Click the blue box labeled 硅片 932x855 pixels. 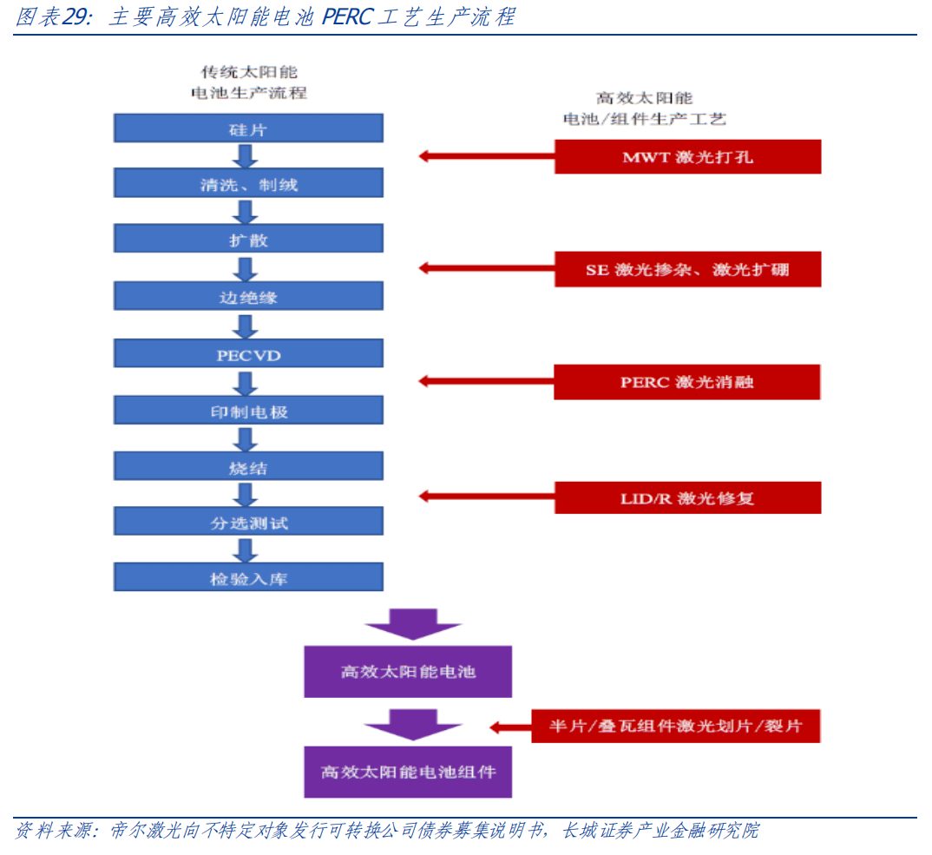pyautogui.click(x=248, y=129)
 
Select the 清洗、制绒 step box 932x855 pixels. pyautogui.click(x=248, y=184)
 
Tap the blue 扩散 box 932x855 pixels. pyautogui.click(x=248, y=240)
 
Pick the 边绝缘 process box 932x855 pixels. pyautogui.click(x=248, y=297)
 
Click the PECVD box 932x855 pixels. pyautogui.click(x=248, y=354)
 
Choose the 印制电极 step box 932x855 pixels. pyautogui.click(x=248, y=411)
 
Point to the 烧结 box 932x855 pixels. pyautogui.click(x=248, y=468)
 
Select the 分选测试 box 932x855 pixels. pyautogui.click(x=248, y=523)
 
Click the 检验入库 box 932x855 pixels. pyautogui.click(x=248, y=578)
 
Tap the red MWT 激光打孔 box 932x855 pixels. pyautogui.click(x=687, y=157)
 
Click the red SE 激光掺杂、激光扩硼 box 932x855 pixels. pyautogui.click(x=687, y=269)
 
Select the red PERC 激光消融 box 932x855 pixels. pyautogui.click(x=687, y=382)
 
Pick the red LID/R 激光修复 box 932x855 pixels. pyautogui.click(x=687, y=497)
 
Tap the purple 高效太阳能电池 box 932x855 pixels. pyautogui.click(x=408, y=671)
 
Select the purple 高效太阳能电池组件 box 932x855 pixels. pyautogui.click(x=408, y=771)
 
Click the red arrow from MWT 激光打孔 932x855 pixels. pyautogui.click(x=486, y=157)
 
